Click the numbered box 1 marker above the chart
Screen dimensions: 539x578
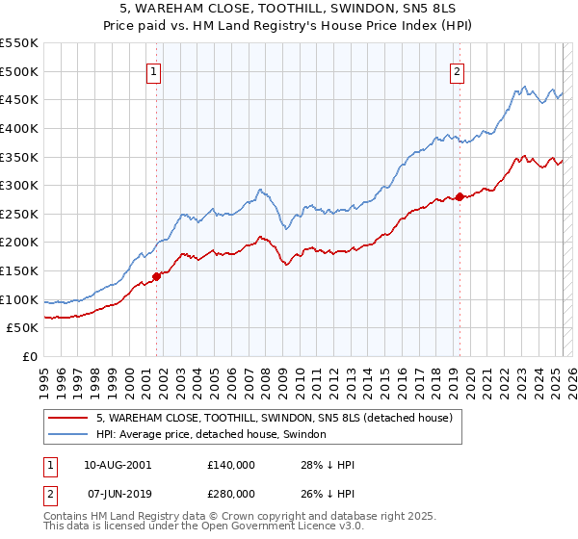coord(155,69)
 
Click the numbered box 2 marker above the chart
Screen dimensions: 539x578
coord(457,69)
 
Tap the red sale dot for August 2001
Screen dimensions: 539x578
coord(156,276)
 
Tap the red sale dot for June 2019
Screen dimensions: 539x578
coord(460,196)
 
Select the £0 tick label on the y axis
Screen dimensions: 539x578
coord(29,356)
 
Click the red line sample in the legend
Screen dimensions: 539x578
coord(66,418)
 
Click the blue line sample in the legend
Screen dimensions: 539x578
coord(66,435)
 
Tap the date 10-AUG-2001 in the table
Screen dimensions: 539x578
coord(118,464)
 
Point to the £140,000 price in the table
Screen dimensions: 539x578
coord(230,464)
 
